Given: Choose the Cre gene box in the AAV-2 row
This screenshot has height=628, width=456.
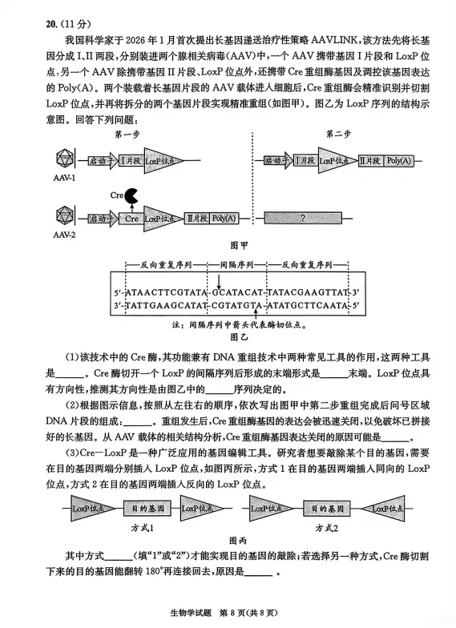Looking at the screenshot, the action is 132,218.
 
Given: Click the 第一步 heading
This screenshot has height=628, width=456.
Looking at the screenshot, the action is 130,135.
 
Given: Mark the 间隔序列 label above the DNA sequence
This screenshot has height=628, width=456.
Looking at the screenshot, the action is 236,264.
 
